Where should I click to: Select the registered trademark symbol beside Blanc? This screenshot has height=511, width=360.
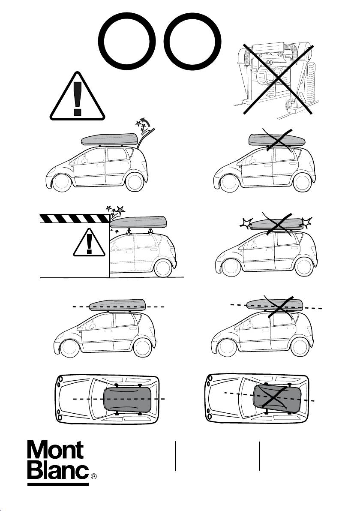point(94,476)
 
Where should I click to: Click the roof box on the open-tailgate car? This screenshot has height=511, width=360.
point(110,139)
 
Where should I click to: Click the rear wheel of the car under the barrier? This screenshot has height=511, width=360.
point(162,268)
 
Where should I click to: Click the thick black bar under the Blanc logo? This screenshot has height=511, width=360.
point(58,485)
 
